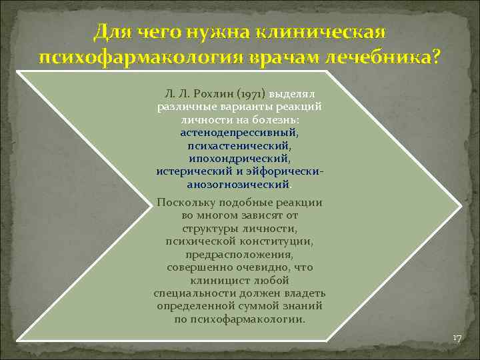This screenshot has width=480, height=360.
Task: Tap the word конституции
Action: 277,241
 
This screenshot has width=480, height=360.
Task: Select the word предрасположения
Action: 239,254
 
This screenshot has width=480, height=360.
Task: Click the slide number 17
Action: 457,339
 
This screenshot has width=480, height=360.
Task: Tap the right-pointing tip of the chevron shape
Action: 460,203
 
